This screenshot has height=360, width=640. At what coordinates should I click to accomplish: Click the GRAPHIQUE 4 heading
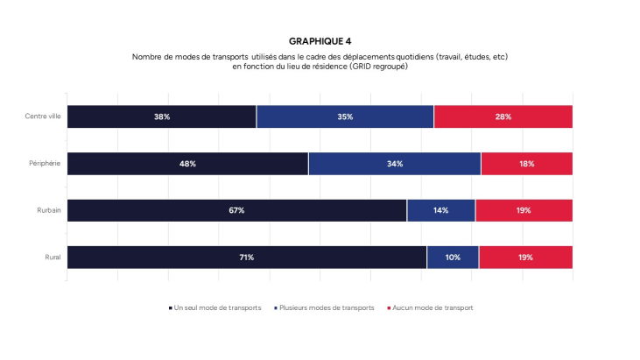tap(320, 41)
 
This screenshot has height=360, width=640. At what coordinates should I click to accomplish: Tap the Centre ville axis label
tap(43, 116)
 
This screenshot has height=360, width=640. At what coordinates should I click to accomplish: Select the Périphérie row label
tap(45, 164)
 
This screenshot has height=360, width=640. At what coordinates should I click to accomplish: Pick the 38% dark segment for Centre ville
tap(162, 116)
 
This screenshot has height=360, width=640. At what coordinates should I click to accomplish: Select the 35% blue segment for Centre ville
tap(345, 116)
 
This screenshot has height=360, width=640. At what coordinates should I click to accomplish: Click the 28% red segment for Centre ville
tap(503, 116)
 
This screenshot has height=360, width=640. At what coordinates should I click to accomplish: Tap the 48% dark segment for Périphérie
tap(187, 164)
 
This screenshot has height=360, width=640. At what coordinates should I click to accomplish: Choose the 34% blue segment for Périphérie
tap(394, 164)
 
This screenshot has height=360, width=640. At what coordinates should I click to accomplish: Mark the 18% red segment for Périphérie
tap(526, 164)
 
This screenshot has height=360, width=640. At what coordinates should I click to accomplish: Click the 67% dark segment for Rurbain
tap(236, 210)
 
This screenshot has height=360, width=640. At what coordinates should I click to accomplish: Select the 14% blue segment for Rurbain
tap(440, 210)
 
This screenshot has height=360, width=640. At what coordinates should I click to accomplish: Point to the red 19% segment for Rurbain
tap(524, 210)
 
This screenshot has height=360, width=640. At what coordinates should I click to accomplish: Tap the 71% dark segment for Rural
tap(247, 258)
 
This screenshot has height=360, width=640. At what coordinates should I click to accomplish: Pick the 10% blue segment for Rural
tap(453, 258)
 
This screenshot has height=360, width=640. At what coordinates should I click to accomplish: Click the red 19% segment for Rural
tap(525, 258)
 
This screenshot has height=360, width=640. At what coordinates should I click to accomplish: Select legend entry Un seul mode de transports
tap(215, 307)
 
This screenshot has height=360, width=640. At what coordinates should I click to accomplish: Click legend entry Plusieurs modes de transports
tap(325, 307)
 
